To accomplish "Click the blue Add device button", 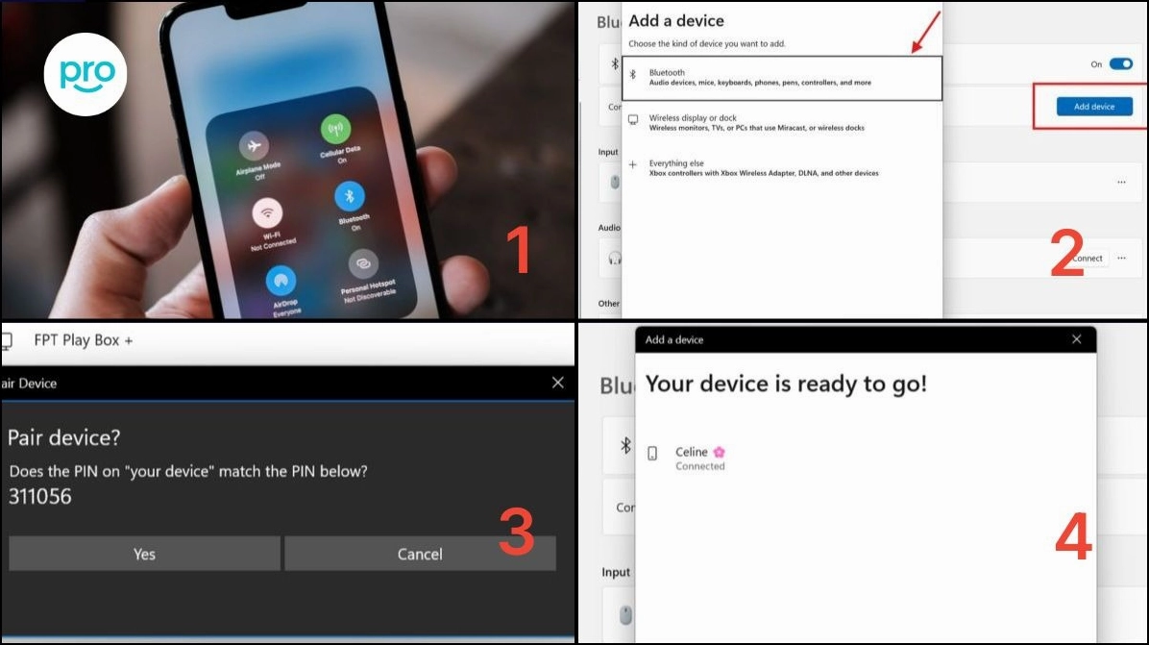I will (x=1093, y=107).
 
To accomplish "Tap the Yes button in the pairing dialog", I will (x=144, y=554).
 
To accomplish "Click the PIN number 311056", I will (x=40, y=497).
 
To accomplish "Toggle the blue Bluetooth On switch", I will (x=1121, y=64).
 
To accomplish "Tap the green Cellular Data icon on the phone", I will (x=336, y=130).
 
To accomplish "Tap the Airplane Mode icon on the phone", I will (x=255, y=145).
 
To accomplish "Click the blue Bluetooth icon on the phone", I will (x=350, y=196).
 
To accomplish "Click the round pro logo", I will (x=87, y=75).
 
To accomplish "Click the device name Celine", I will (x=692, y=452).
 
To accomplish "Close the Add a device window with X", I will (x=1076, y=339).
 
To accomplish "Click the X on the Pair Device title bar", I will (x=558, y=383).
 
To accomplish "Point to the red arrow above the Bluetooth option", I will (x=924, y=34).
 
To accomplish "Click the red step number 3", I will (x=516, y=533).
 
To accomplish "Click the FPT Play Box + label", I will (x=84, y=340).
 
